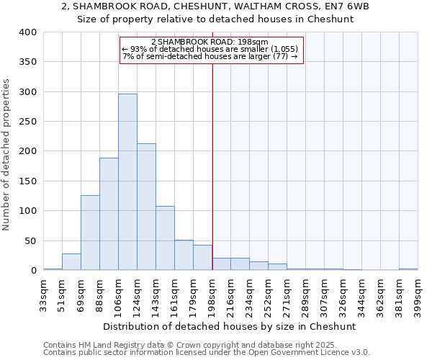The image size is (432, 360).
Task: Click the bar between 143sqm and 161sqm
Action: pyautogui.click(x=165, y=238)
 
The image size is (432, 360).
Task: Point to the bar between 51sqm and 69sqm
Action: pyautogui.click(x=71, y=262)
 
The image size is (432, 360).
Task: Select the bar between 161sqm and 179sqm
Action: pyautogui.click(x=184, y=255)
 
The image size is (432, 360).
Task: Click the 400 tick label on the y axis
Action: pyautogui.click(x=27, y=32)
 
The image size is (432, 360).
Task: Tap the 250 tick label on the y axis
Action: pyautogui.click(x=27, y=122)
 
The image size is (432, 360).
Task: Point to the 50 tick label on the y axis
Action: pyautogui.click(x=30, y=240)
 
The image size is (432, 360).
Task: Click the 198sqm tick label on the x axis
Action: pyautogui.click(x=212, y=294)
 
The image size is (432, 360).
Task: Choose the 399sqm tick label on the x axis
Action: pyautogui.click(x=418, y=294)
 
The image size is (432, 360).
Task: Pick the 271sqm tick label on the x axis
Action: pyautogui.click(x=287, y=294)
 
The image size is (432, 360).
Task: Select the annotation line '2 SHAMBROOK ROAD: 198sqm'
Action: pyautogui.click(x=210, y=42)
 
